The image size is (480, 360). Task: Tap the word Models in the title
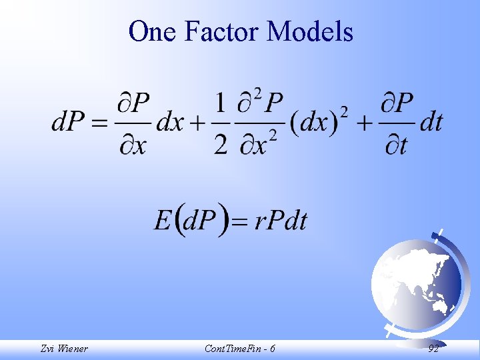point(310,31)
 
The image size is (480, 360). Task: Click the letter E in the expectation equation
point(163,220)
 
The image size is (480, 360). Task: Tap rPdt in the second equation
point(281,221)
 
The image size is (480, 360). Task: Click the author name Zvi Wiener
point(63,349)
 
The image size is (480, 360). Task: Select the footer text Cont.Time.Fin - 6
point(241,349)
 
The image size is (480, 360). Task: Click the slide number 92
point(433,349)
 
